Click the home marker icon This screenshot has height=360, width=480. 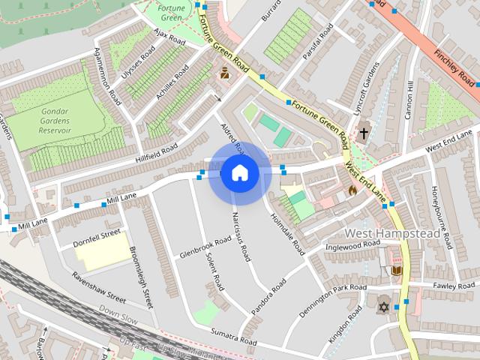pyautogui.click(x=239, y=173)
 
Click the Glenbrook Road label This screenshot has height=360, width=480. pyautogui.click(x=205, y=247)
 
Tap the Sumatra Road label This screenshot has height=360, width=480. pyautogui.click(x=234, y=336)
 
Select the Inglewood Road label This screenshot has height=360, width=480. pyautogui.click(x=348, y=245)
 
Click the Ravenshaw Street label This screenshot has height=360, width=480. pyautogui.click(x=97, y=286)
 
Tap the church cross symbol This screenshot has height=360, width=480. pyautogui.click(x=364, y=133)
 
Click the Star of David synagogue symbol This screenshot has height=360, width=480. pyautogui.click(x=384, y=307)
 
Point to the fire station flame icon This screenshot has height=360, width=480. pyautogui.click(x=352, y=190)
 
